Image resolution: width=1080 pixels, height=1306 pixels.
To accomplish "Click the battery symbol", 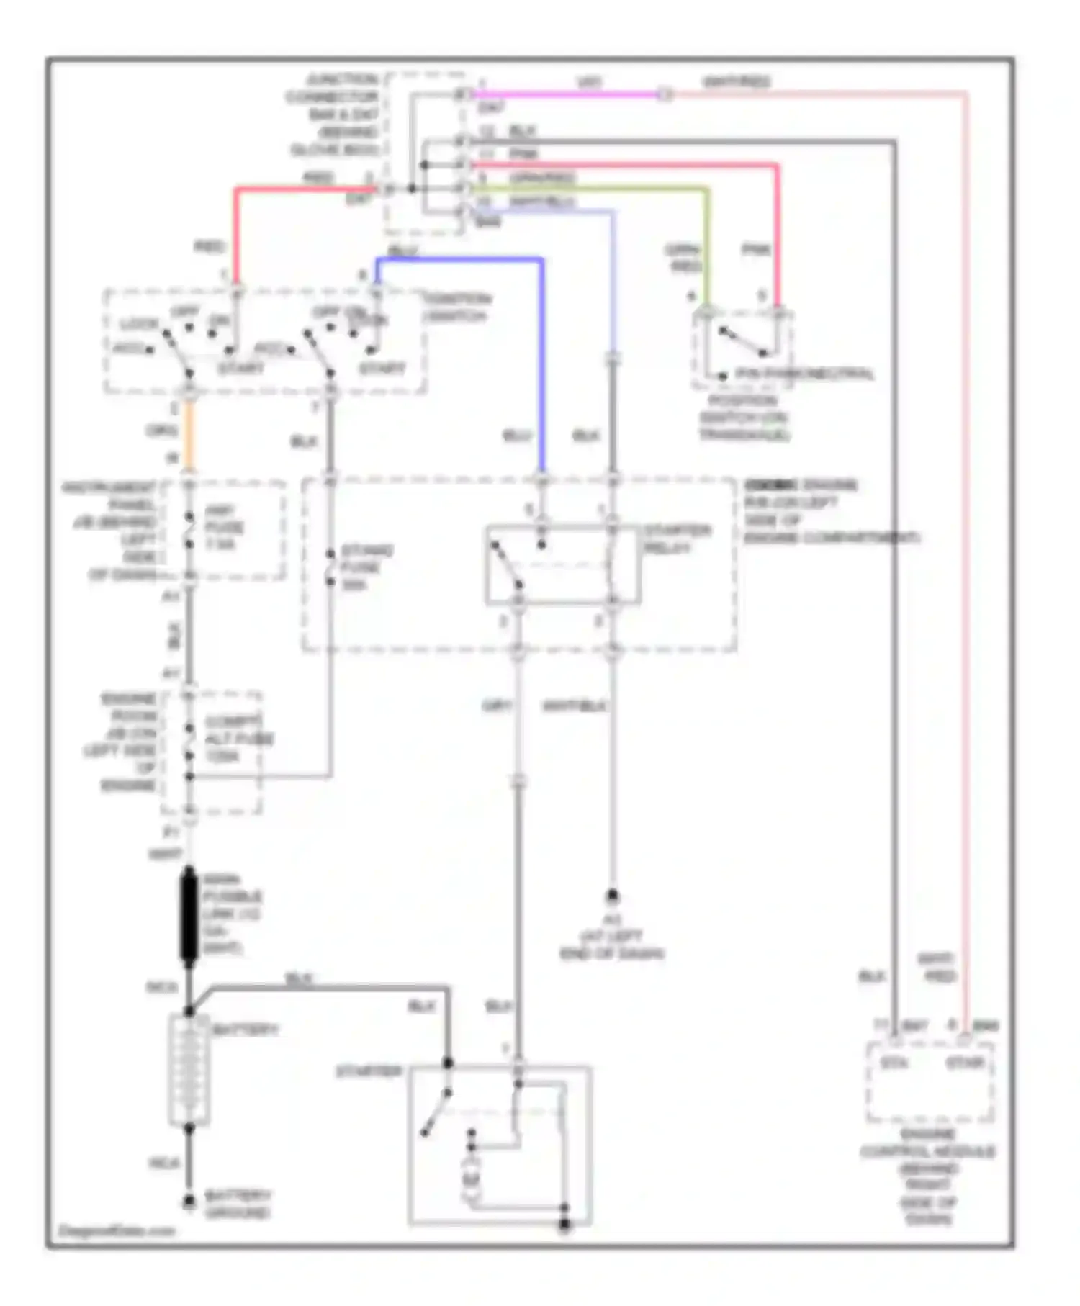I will click(189, 1070).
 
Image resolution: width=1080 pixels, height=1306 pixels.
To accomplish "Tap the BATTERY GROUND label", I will click(238, 1204).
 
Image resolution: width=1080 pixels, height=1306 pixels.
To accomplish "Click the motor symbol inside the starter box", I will click(471, 1178).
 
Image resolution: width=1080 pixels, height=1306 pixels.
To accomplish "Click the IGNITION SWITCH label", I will click(457, 307).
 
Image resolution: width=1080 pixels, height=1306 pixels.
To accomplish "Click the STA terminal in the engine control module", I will click(894, 1062).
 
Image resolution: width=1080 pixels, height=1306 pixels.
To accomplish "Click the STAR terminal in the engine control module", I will click(965, 1062).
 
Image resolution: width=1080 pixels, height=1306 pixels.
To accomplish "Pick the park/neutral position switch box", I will click(742, 349).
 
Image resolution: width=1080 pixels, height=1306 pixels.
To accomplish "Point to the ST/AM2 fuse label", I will click(366, 567).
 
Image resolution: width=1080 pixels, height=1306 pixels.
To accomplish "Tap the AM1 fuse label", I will click(223, 527).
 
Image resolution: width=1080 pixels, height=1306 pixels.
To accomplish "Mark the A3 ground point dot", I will click(612, 896).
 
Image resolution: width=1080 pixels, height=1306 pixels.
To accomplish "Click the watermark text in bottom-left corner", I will click(115, 1230).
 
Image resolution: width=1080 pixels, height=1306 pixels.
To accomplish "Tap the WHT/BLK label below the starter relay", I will click(574, 706).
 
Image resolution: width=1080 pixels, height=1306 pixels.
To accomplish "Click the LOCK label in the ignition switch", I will click(138, 324).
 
